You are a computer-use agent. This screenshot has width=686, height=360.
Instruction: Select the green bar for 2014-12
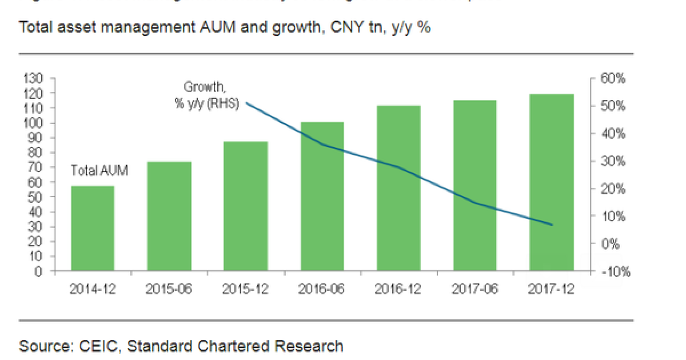pos(93,229)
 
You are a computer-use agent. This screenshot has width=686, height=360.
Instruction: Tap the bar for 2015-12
pos(246,206)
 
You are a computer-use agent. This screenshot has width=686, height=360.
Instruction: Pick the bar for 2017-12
pos(552,183)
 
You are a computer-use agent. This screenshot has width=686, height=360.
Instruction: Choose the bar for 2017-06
pos(475,186)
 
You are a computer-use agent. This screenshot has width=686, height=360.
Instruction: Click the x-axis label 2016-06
pos(322,289)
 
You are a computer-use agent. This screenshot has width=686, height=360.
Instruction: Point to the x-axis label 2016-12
pos(398,289)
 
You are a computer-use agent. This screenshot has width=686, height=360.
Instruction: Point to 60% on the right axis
pos(613,79)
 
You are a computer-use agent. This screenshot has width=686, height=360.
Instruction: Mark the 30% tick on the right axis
pos(613,162)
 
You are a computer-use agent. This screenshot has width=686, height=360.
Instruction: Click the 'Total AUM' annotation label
pos(99,170)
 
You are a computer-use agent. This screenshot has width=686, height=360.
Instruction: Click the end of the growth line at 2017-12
pos(552,225)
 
